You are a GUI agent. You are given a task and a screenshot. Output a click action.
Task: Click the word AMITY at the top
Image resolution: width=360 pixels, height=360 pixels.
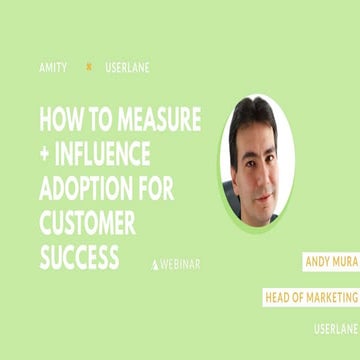[54, 67]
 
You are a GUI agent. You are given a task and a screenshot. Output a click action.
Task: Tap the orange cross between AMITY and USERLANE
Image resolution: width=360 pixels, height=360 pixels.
[89, 67]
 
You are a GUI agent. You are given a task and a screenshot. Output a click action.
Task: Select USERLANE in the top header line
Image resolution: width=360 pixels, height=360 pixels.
[127, 67]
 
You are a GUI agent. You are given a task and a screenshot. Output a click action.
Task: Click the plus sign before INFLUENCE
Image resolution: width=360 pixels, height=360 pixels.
[45, 156]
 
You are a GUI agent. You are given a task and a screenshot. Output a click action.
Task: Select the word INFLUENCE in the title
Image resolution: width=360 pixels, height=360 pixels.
[106, 156]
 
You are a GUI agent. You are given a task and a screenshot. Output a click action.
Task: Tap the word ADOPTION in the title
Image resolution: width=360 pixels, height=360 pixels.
[90, 190]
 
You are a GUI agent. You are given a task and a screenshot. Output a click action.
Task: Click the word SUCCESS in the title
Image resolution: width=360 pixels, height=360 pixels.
[80, 257]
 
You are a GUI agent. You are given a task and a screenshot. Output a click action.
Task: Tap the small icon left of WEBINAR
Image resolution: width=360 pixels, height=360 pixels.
[155, 264]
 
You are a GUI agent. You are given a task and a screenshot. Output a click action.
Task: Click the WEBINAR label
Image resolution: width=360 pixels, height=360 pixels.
[181, 264]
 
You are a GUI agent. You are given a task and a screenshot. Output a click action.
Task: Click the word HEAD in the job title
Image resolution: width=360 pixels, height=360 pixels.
[279, 297]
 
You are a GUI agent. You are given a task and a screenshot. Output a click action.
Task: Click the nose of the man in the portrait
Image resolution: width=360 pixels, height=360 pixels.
[256, 160]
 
